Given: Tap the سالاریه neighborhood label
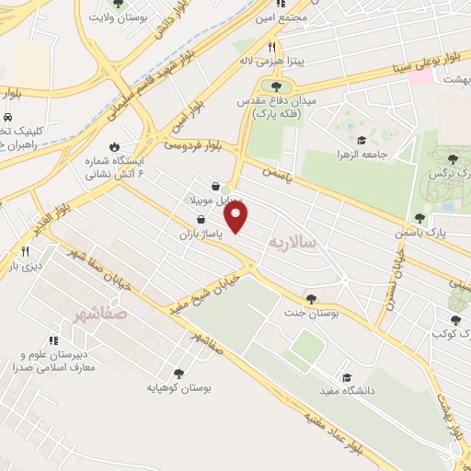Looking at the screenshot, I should coord(292,242).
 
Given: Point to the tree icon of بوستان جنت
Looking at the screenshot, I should coord(313,298).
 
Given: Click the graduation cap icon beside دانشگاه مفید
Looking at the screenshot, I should coord(346,377).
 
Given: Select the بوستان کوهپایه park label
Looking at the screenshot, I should coord(179,388).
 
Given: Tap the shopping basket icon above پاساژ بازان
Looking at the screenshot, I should coord(201,220).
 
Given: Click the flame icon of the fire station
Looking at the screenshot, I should coord(113,145).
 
